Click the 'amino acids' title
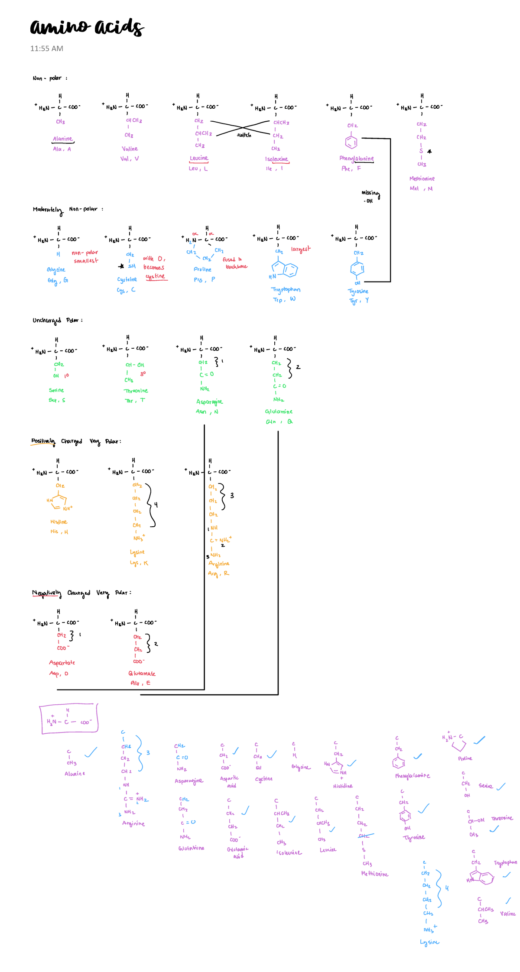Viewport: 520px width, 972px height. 87,27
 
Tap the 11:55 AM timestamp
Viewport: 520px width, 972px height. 46,49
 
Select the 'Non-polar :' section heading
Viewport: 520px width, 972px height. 49,78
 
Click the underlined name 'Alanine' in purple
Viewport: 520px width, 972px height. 63,139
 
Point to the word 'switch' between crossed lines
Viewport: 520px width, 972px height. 244,135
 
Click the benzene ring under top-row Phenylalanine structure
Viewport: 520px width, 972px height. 351,142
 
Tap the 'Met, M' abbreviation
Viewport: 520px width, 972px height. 421,188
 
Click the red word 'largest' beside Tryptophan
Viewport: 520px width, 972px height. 301,249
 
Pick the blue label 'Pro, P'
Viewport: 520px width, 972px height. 204,280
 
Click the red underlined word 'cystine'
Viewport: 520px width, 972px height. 155,276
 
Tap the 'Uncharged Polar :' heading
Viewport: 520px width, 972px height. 57,321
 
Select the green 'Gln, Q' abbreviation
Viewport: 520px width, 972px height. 279,421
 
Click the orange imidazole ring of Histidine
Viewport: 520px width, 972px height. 60,503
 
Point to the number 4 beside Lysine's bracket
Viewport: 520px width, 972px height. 156,505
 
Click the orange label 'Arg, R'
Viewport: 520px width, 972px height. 218,573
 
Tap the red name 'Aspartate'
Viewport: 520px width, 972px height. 62,663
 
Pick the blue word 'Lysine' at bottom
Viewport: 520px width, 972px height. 429,942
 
